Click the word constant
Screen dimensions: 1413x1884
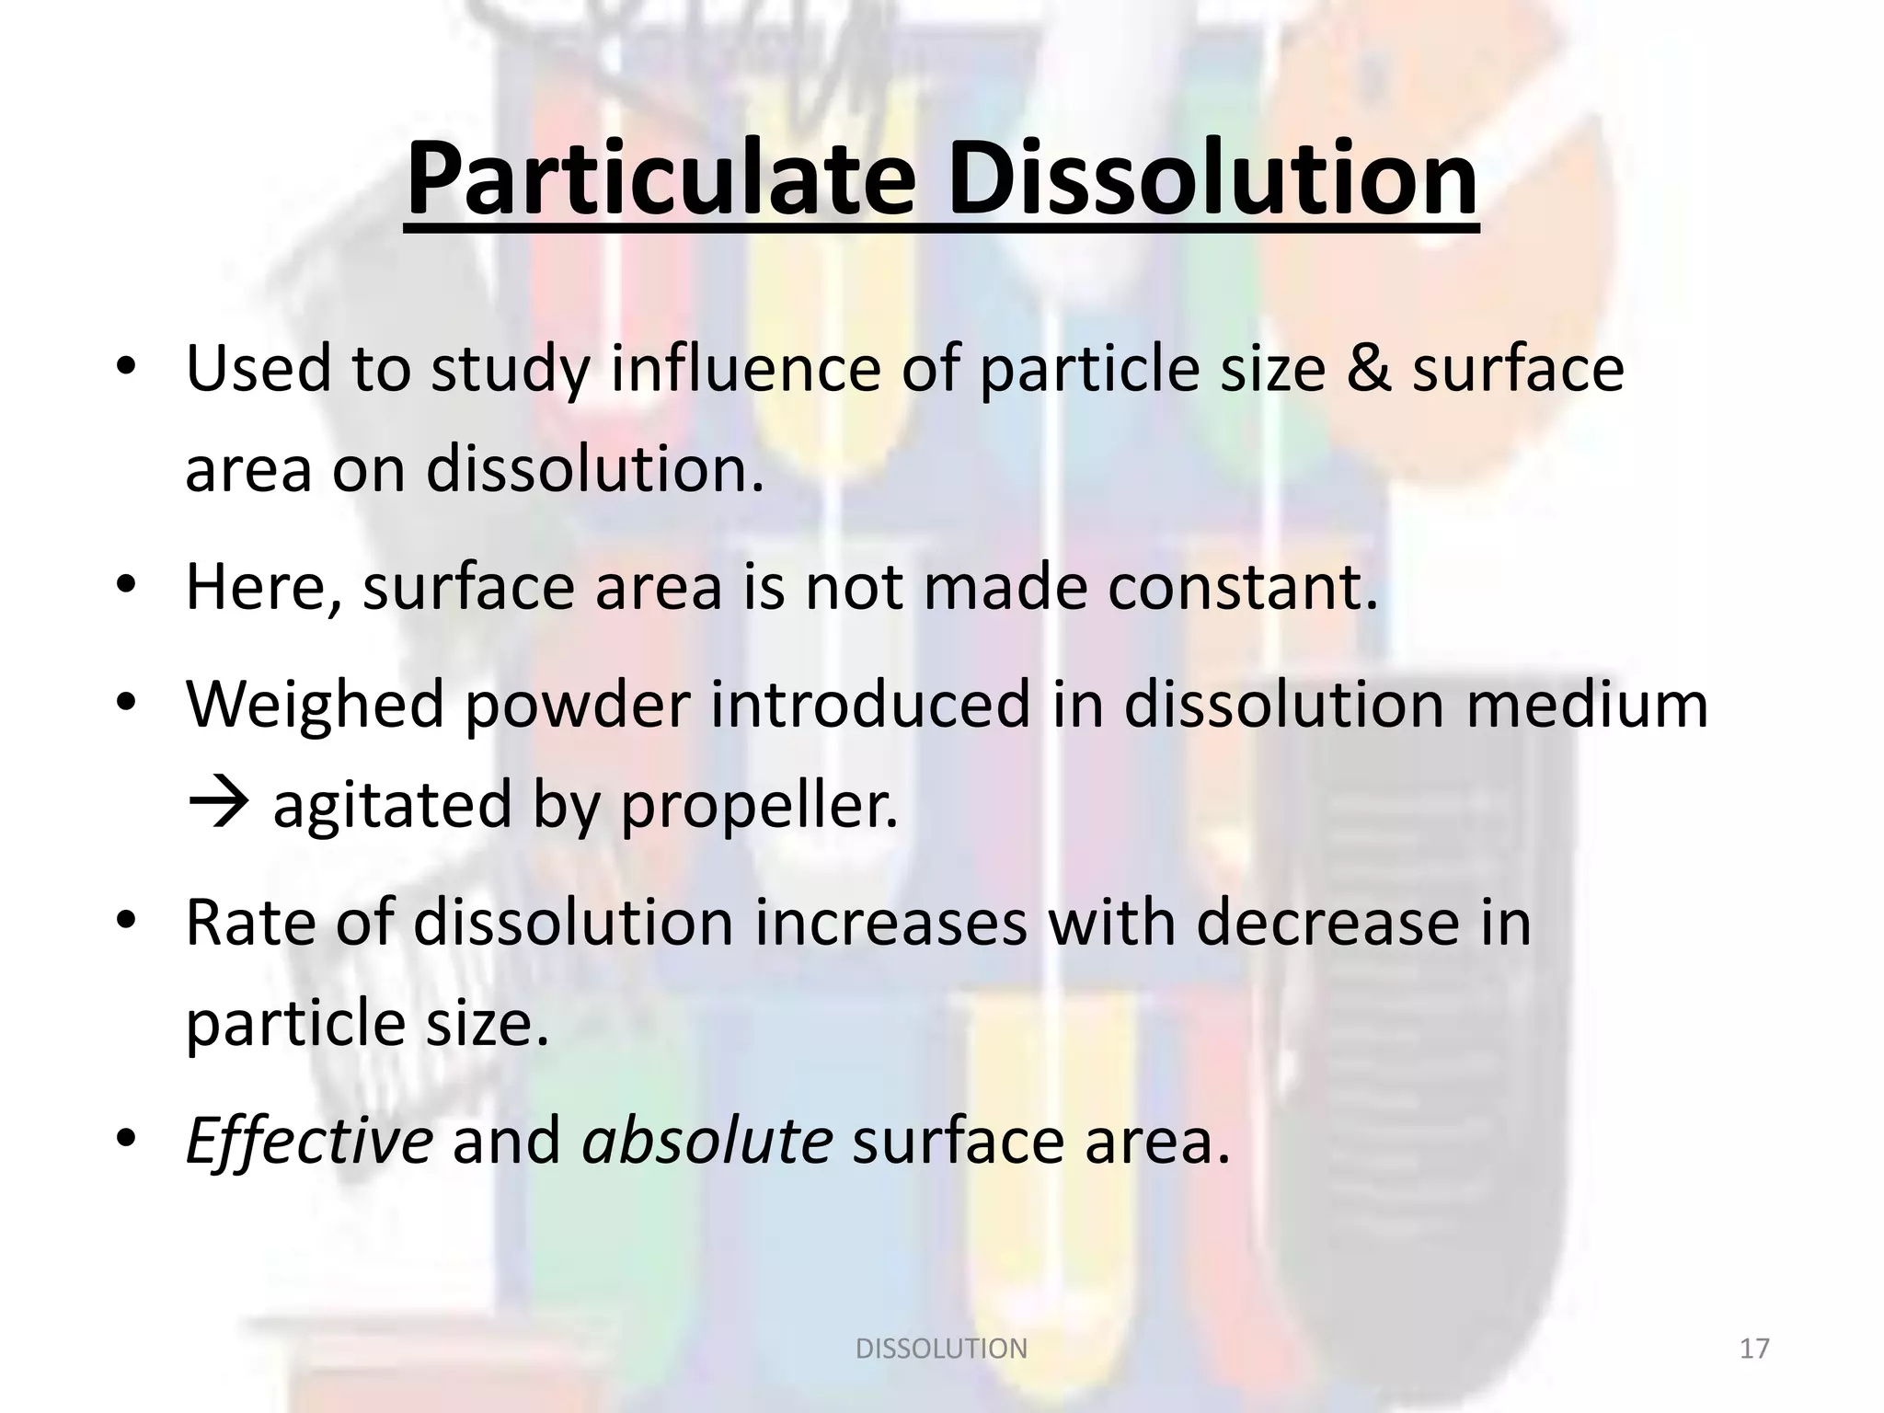point(1243,587)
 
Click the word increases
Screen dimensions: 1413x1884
point(890,923)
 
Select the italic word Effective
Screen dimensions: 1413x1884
point(308,1142)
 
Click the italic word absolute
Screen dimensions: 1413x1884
point(707,1142)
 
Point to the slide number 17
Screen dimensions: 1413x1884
point(1754,1349)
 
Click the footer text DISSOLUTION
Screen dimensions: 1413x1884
point(941,1349)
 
